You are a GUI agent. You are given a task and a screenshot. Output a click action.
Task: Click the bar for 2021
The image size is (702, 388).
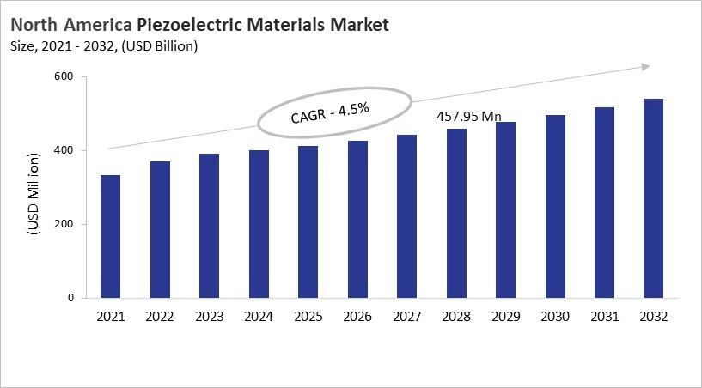tap(110, 237)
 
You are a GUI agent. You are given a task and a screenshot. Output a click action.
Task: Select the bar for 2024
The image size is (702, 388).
tap(259, 224)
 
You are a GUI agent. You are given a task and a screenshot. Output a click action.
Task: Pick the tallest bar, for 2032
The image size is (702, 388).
tap(653, 198)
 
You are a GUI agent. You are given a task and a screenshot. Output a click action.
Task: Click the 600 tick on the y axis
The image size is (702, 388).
tap(63, 77)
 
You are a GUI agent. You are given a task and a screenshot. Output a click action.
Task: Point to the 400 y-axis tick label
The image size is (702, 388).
tap(63, 151)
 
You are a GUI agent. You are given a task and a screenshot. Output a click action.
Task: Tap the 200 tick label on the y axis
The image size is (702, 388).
tap(63, 225)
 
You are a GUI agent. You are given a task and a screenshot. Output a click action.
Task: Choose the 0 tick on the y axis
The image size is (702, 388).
tap(70, 299)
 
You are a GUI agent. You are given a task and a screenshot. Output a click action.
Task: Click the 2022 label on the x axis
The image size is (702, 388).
tap(159, 317)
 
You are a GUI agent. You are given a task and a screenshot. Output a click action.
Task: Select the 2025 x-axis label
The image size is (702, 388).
tap(308, 317)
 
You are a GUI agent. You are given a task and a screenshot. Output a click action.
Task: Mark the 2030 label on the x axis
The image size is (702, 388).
tap(556, 317)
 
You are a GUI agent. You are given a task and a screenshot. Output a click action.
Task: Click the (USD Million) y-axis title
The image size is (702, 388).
tap(34, 195)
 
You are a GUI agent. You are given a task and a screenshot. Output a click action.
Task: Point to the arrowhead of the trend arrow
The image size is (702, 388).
tap(646, 66)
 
